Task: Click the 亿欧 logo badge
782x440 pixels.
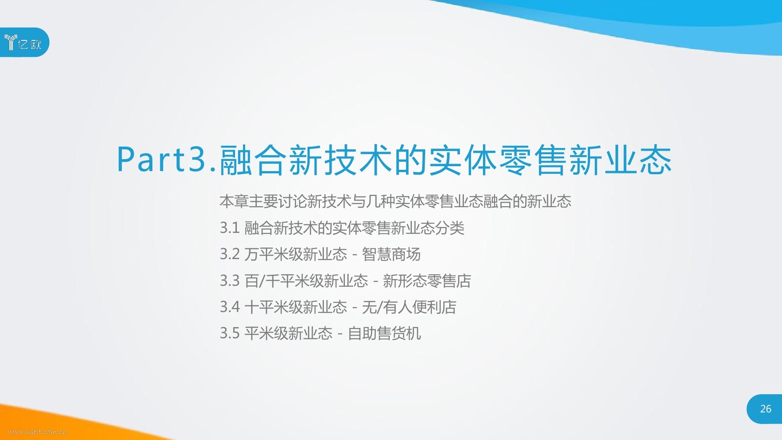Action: [x=24, y=42]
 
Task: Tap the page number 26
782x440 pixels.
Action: [x=766, y=409]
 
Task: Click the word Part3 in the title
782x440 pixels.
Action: [x=161, y=160]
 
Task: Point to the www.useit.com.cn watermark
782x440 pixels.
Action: [x=38, y=431]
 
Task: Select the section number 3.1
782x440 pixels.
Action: [x=230, y=228]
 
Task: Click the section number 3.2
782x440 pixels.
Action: [x=230, y=254]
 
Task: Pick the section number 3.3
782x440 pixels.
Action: [x=230, y=281]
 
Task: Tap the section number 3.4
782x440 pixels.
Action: [x=230, y=307]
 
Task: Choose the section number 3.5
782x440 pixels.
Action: [x=230, y=333]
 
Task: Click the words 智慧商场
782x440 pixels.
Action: [x=391, y=254]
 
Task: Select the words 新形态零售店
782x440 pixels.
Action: [x=427, y=281]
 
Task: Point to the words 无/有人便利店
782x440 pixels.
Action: [x=409, y=307]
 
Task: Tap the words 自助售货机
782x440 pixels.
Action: [x=384, y=333]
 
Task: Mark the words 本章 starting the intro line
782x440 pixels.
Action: [x=234, y=202]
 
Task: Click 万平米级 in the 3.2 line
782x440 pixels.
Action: [x=274, y=254]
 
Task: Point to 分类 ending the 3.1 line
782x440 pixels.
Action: [x=450, y=228]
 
